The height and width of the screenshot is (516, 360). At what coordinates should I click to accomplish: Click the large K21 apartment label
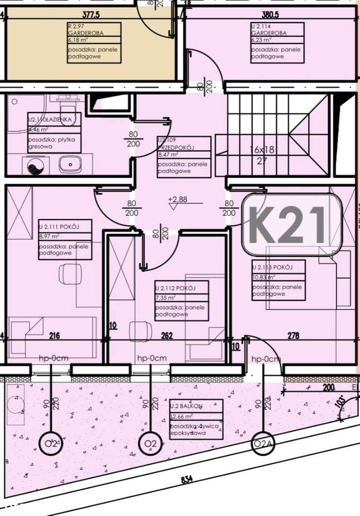[292, 225]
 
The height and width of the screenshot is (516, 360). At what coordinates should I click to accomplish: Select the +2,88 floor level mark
[177, 199]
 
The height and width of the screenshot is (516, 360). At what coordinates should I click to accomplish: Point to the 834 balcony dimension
[187, 479]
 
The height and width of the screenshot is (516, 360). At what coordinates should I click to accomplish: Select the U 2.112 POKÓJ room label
[175, 288]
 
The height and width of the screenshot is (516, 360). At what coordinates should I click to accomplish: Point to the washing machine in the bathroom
[36, 166]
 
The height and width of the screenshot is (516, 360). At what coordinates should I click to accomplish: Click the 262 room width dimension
[166, 336]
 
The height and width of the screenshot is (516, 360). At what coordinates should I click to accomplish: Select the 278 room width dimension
[293, 336]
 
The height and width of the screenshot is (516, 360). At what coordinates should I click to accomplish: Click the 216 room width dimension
[54, 336]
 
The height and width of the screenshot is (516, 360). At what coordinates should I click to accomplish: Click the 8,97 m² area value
[50, 237]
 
